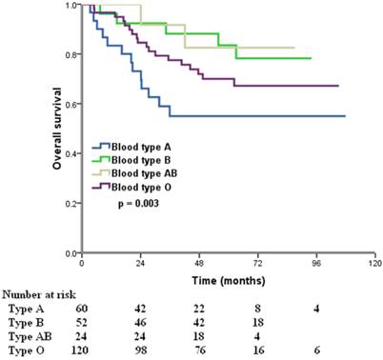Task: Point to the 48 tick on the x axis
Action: point(199,263)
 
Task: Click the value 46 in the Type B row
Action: point(142,324)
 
